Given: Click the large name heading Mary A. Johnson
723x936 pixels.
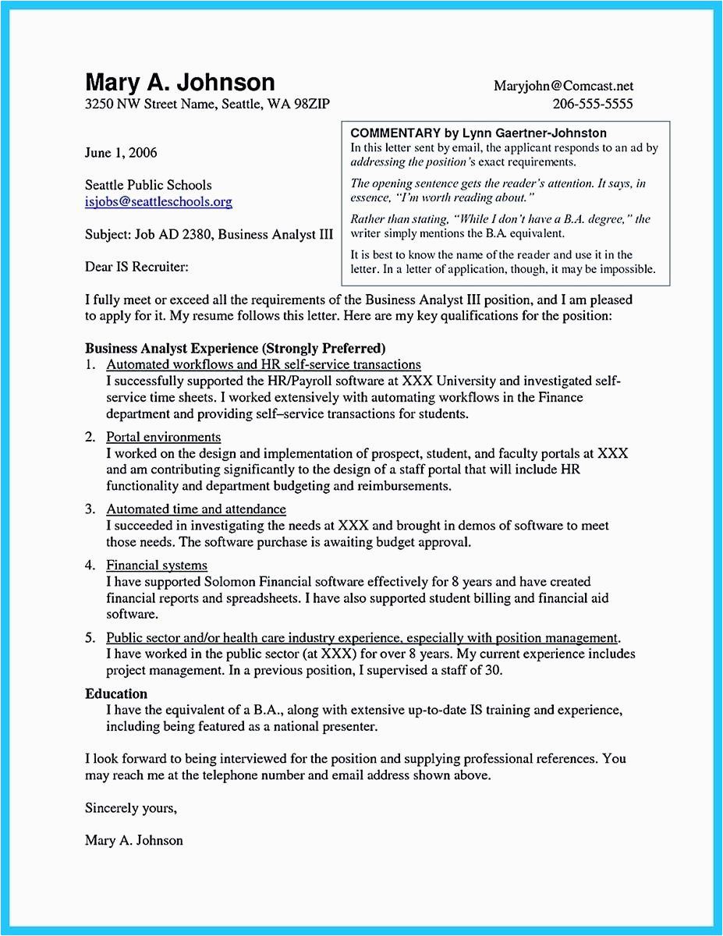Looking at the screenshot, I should pyautogui.click(x=180, y=83).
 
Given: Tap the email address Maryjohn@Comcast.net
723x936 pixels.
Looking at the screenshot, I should pyautogui.click(x=563, y=86).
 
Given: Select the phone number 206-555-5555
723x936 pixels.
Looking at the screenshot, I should pyautogui.click(x=592, y=104).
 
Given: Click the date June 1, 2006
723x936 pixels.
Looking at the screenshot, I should pyautogui.click(x=121, y=152).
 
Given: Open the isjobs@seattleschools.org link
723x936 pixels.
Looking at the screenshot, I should pyautogui.click(x=158, y=202).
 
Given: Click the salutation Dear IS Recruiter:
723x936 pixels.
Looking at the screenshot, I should pyautogui.click(x=136, y=267).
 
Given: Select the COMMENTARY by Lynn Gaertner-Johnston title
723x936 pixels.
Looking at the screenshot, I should pyautogui.click(x=478, y=133).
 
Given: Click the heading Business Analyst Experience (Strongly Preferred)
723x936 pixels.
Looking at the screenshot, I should pyautogui.click(x=236, y=348).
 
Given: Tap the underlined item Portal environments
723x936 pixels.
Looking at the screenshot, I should pyautogui.click(x=163, y=437).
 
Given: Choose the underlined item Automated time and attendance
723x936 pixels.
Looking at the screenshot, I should pyautogui.click(x=196, y=509).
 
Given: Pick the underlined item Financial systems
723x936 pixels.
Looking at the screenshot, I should pyautogui.click(x=157, y=565).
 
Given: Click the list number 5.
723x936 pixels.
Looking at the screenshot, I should pyautogui.click(x=90, y=637).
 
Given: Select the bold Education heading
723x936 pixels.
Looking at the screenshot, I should pyautogui.click(x=116, y=693).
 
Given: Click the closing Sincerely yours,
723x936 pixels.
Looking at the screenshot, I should pyautogui.click(x=131, y=808).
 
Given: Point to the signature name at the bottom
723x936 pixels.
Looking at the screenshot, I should pyautogui.click(x=134, y=840).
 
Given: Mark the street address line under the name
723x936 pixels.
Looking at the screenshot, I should pyautogui.click(x=212, y=105).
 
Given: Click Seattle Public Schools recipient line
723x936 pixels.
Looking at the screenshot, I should pyautogui.click(x=148, y=186).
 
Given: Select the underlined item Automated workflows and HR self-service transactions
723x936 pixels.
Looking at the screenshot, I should pyautogui.click(x=264, y=364).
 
